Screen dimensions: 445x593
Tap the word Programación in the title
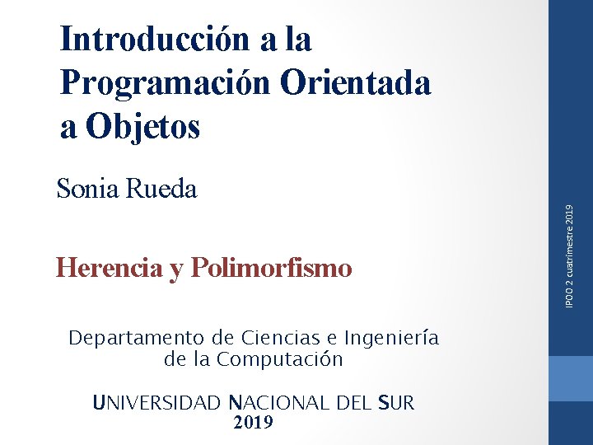click(x=165, y=83)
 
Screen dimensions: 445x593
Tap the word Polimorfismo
click(x=271, y=268)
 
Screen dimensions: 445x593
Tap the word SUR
click(x=396, y=403)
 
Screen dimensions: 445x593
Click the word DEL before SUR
click(x=353, y=403)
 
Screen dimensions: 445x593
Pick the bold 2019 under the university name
click(x=254, y=423)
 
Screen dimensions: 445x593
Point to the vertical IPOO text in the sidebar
click(x=570, y=298)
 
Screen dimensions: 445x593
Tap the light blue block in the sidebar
click(x=571, y=378)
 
